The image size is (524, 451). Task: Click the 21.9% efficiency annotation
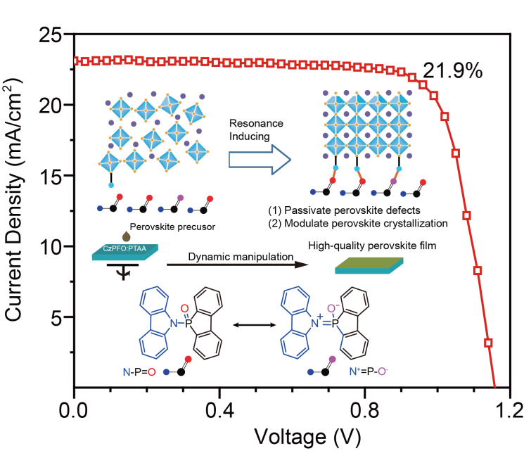(452, 71)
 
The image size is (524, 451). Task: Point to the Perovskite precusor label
(170, 227)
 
